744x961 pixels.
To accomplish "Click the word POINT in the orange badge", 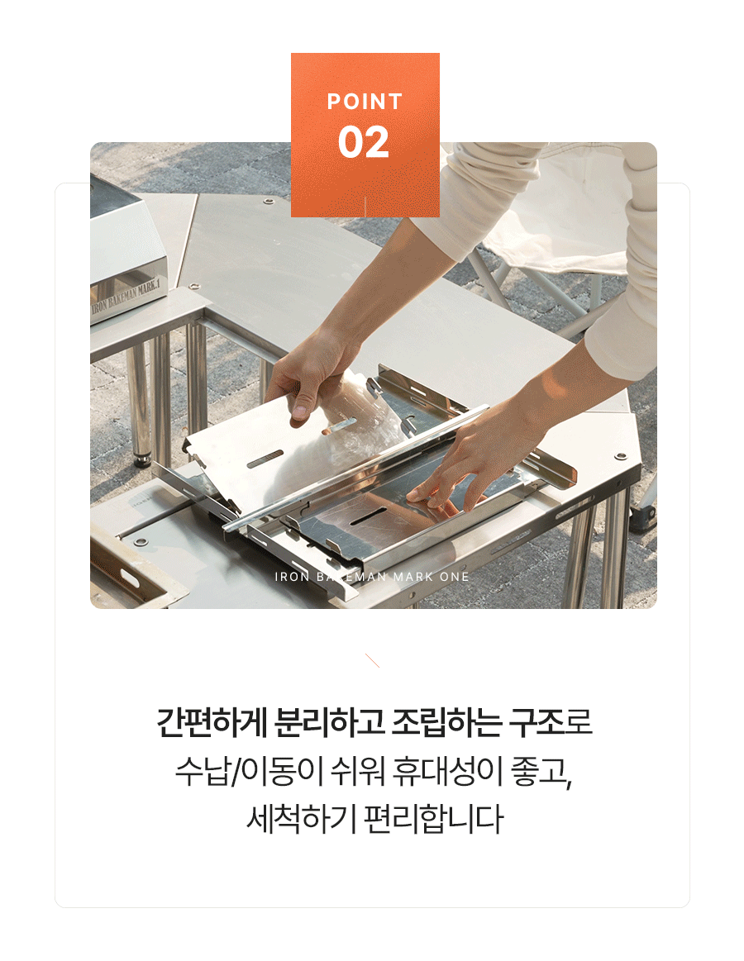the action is (365, 101).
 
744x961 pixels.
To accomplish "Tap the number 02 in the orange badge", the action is (364, 142).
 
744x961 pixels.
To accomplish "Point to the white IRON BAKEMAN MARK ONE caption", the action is (372, 577).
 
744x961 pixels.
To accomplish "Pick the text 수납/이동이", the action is (249, 770).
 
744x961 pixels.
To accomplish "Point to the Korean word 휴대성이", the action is (443, 770).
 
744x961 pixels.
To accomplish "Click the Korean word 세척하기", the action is (301, 819).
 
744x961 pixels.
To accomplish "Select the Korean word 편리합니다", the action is (434, 819).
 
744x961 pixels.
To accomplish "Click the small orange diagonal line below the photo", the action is (372, 661).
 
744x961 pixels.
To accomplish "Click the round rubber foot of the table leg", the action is (142, 459).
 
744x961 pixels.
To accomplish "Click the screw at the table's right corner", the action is (621, 456).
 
